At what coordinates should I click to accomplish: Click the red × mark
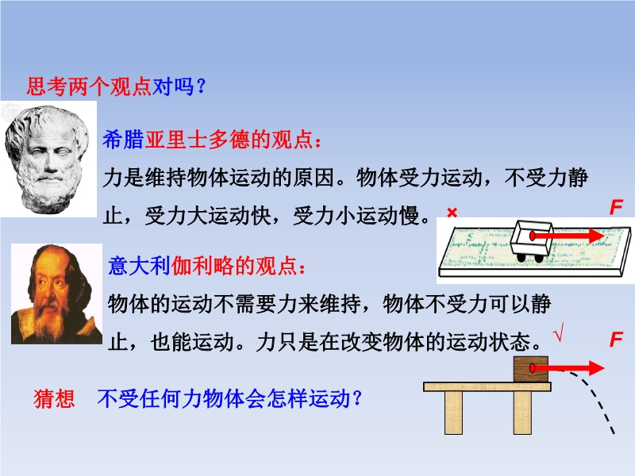(452, 212)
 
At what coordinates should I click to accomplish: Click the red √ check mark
(559, 332)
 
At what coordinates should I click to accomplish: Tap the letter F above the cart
(616, 207)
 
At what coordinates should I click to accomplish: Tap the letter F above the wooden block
(616, 340)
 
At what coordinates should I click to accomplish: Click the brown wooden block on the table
(530, 369)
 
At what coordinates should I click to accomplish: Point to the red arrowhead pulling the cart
(596, 236)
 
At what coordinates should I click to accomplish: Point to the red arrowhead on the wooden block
(596, 368)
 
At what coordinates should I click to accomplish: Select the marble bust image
(48, 159)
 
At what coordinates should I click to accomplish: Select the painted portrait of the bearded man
(56, 294)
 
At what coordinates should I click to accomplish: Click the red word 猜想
(54, 399)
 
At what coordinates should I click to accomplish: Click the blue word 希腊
(123, 140)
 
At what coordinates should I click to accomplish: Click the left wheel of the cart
(521, 257)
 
